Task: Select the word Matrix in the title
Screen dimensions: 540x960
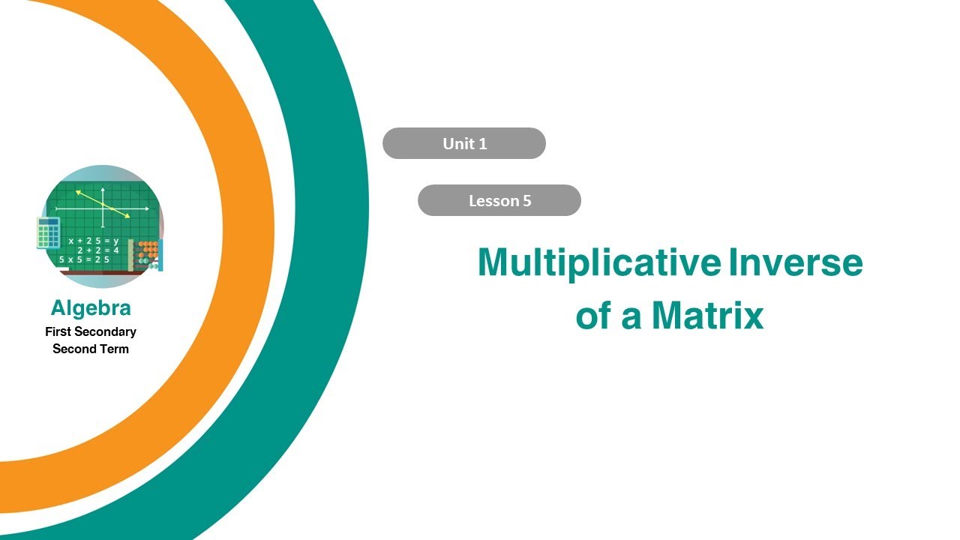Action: point(707,316)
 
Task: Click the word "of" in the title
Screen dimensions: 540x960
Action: point(592,316)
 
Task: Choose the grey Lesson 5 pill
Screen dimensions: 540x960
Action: point(499,200)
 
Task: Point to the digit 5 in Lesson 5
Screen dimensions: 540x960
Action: point(526,200)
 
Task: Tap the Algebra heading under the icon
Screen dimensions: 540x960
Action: point(91,307)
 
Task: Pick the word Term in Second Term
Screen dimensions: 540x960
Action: point(113,349)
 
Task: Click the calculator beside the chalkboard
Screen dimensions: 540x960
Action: point(47,232)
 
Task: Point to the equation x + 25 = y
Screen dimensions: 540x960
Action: point(93,241)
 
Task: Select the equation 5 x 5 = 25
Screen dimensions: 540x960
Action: point(84,259)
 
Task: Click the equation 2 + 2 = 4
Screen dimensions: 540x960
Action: point(97,250)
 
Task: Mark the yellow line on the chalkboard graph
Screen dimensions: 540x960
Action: point(103,204)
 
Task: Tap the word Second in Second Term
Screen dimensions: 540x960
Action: point(73,349)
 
